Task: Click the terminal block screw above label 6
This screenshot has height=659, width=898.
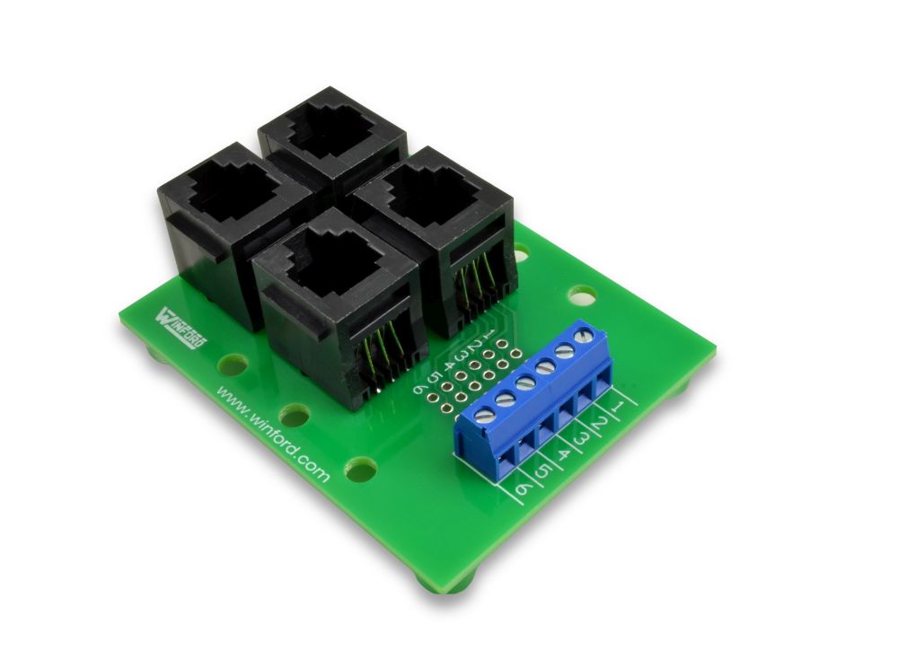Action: (484, 414)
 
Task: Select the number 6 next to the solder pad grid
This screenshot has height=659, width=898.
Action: (418, 389)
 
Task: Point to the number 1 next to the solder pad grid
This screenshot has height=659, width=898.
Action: (489, 333)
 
